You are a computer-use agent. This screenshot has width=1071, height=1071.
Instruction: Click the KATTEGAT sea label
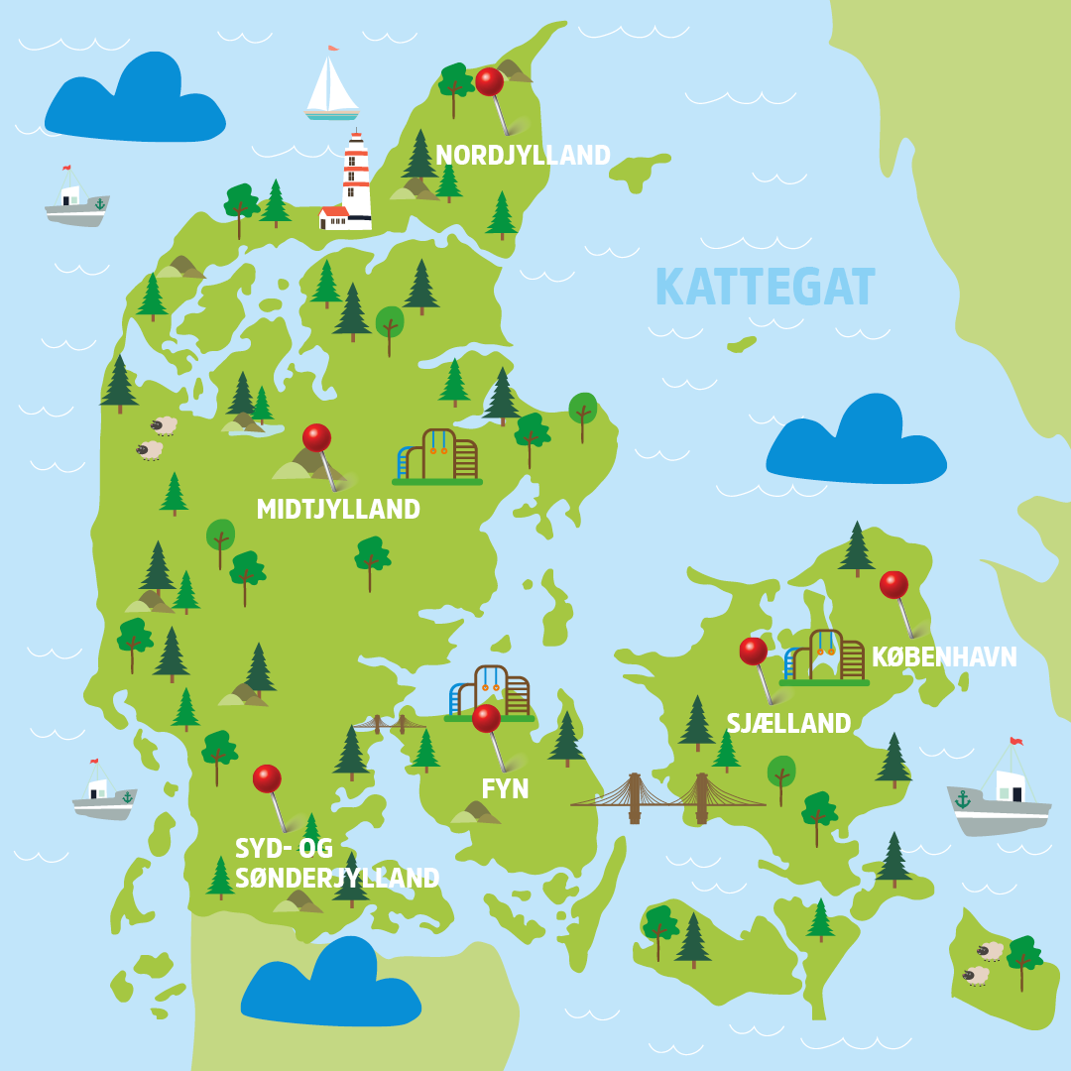pyautogui.click(x=765, y=288)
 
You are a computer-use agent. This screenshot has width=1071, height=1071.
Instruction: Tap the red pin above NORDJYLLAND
pyautogui.click(x=489, y=81)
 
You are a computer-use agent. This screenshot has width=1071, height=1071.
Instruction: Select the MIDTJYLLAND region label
pyautogui.click(x=338, y=510)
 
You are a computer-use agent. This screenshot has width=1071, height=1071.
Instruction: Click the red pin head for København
pyautogui.click(x=893, y=585)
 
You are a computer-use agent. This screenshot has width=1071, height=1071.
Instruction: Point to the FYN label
pyautogui.click(x=505, y=789)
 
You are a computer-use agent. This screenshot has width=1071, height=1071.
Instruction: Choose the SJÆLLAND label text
pyautogui.click(x=788, y=724)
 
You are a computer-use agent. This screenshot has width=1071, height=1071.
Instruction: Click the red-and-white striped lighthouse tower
pyautogui.click(x=356, y=178)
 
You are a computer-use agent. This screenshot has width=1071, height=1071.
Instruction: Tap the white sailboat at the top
pyautogui.click(x=330, y=85)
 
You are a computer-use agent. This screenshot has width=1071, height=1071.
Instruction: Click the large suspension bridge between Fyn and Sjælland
pyautogui.click(x=667, y=796)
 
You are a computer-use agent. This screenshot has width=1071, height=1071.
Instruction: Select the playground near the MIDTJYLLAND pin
pyautogui.click(x=437, y=457)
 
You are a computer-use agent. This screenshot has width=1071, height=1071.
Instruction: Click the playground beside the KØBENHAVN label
pyautogui.click(x=824, y=656)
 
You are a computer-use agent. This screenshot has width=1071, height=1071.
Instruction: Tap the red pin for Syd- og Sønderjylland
pyautogui.click(x=267, y=778)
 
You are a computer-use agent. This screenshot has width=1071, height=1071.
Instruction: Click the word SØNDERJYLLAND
pyautogui.click(x=337, y=879)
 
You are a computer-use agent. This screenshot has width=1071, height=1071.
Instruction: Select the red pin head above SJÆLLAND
pyautogui.click(x=753, y=652)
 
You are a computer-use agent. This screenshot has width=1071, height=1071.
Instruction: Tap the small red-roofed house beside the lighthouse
pyautogui.click(x=333, y=217)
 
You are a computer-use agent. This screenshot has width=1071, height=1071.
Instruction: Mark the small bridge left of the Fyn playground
pyautogui.click(x=389, y=724)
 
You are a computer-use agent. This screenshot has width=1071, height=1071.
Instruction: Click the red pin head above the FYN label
pyautogui.click(x=486, y=718)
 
